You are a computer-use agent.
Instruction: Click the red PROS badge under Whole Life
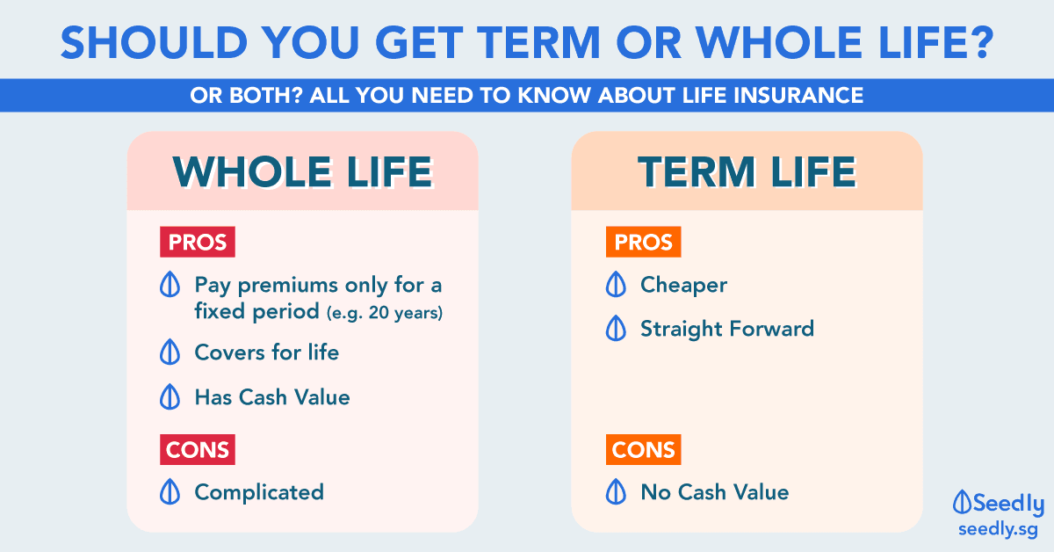(197, 242)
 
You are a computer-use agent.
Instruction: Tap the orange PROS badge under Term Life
(643, 242)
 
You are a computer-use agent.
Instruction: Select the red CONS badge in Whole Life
(197, 449)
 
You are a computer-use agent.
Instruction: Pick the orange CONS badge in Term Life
(643, 449)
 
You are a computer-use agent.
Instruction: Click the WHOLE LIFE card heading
(303, 172)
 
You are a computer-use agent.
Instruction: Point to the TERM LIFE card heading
(747, 172)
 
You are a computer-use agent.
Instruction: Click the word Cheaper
(683, 286)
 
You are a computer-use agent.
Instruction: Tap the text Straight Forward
(727, 329)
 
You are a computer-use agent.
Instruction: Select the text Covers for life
(267, 352)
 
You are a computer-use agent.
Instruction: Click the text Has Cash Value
(272, 397)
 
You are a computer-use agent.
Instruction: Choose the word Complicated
(259, 492)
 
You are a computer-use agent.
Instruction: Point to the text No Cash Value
(715, 492)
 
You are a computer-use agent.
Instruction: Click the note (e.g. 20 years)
(385, 313)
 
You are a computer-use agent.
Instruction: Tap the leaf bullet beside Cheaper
(616, 284)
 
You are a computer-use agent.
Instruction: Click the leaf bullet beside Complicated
(170, 491)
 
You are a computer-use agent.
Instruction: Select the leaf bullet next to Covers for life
(170, 352)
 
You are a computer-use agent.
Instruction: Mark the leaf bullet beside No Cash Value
(616, 491)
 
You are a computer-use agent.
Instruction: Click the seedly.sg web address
(998, 530)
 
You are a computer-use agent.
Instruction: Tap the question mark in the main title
(981, 42)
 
